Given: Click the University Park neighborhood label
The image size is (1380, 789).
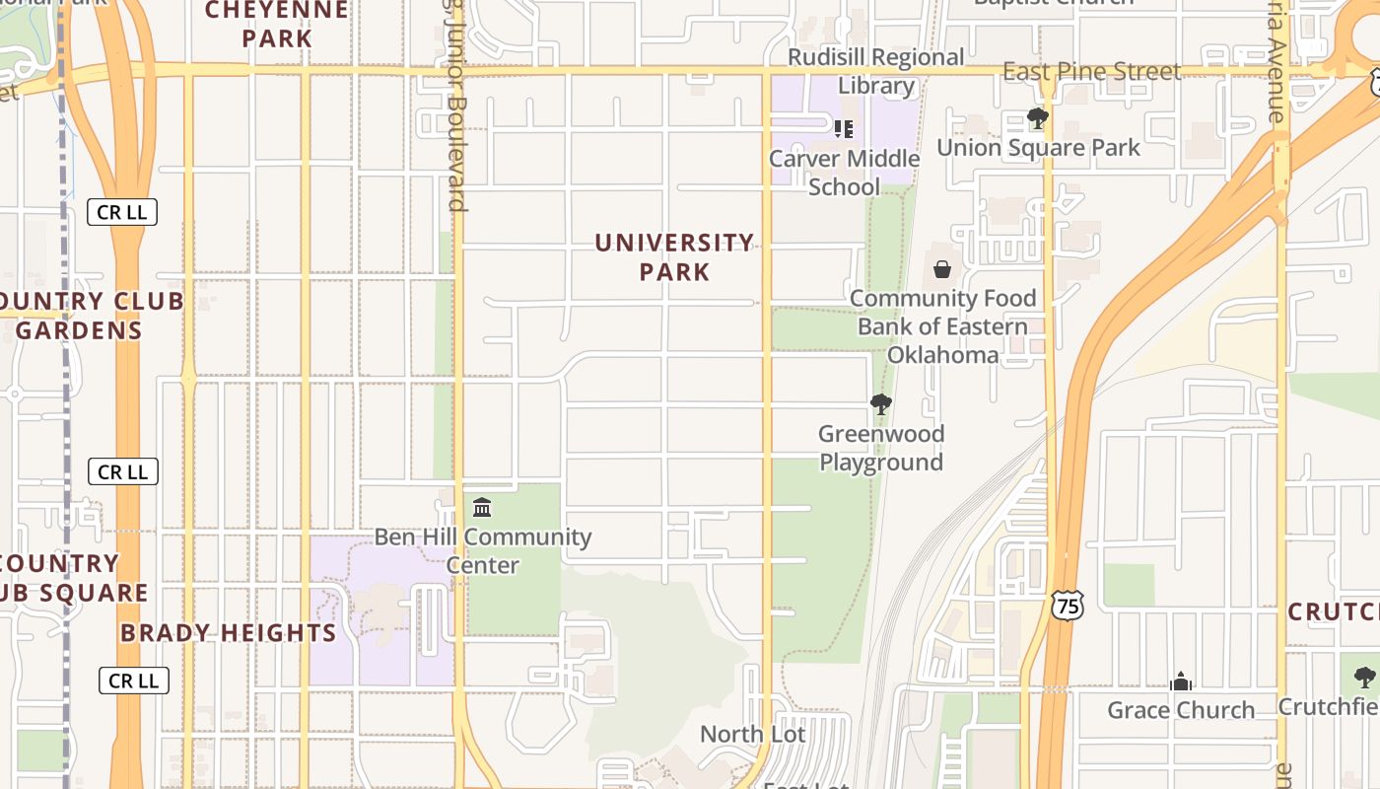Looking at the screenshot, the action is (x=674, y=256).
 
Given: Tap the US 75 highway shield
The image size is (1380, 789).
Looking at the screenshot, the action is (x=1068, y=605).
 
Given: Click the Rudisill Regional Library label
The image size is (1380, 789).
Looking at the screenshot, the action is (x=876, y=71).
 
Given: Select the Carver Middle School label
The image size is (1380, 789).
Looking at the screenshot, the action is (x=845, y=173).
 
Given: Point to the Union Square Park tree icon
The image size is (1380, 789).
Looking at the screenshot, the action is (x=1037, y=118).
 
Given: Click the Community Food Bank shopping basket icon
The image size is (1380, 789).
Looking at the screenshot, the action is (x=942, y=268).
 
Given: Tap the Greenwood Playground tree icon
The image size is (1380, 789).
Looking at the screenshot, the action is (x=881, y=403).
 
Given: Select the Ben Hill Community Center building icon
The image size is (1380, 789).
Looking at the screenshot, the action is (x=482, y=508).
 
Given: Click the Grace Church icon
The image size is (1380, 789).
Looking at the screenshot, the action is (x=1180, y=681).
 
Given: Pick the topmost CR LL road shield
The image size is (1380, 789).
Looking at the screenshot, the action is (x=122, y=212).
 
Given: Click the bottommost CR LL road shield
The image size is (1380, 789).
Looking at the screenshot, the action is (x=134, y=681).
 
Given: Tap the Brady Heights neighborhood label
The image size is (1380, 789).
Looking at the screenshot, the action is (x=229, y=633).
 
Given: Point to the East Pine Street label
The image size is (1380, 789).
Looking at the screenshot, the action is (x=1091, y=72).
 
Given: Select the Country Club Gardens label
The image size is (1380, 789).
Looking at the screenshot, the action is (x=84, y=316).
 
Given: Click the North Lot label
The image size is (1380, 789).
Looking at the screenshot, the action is (x=752, y=734).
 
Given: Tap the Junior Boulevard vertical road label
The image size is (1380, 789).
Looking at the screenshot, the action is (x=454, y=108).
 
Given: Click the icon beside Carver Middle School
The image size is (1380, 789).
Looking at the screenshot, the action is (x=843, y=128).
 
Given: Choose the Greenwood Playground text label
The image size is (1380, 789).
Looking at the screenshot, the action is (x=881, y=448).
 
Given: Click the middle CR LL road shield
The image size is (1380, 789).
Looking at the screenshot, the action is (x=122, y=472).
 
